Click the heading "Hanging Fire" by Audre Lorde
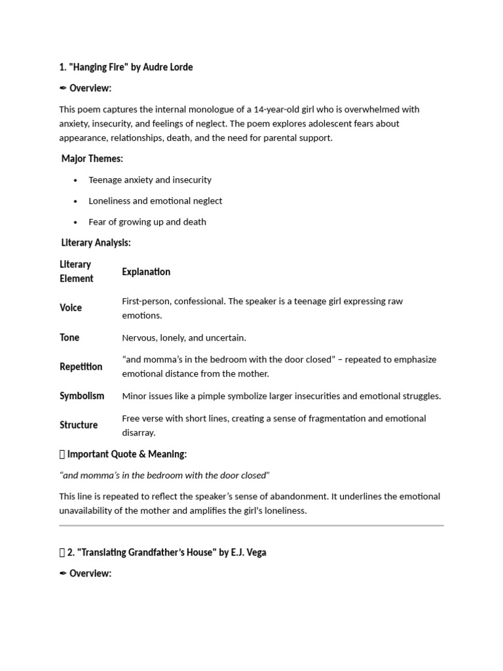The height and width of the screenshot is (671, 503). point(126,67)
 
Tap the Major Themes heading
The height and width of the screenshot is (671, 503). point(92,159)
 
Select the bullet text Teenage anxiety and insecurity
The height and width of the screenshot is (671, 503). point(150,180)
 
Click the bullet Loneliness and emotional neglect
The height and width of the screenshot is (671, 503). point(155,201)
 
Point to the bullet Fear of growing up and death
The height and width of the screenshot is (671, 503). point(147,221)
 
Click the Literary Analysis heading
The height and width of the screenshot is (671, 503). point(96,242)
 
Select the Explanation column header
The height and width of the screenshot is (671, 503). point(146,271)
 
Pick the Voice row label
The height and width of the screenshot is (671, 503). point(71,307)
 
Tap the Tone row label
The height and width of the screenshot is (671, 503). point(69,337)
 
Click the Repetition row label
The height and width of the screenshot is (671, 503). point(81,366)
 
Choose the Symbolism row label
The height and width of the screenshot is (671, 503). point(82,396)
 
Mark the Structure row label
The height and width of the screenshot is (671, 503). point(79,425)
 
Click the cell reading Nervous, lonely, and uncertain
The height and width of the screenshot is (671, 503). point(184,338)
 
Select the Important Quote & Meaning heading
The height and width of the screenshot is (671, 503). point(127,453)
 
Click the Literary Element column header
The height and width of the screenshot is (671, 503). point(76,271)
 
